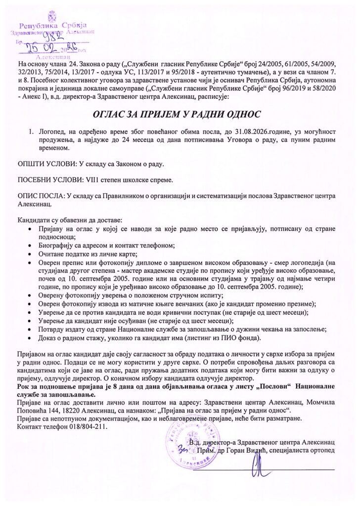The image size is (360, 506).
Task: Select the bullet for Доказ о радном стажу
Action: pos(31,337)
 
